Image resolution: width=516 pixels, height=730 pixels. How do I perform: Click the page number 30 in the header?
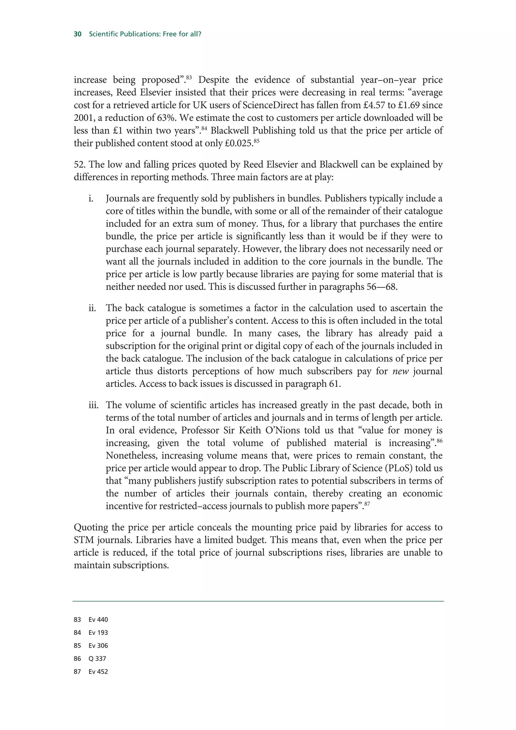point(78,34)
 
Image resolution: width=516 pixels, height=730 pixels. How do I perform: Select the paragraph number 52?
point(80,165)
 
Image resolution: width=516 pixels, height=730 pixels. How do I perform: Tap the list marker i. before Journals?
point(91,199)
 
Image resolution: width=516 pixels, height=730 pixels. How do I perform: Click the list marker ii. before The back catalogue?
point(92,308)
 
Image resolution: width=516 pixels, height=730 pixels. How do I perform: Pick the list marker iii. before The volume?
point(93,405)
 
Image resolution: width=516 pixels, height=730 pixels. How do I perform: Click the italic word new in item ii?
point(400,371)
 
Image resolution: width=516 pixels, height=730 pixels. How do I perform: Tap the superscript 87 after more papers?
point(367,504)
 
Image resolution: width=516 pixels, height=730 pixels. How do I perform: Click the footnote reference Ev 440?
point(98,620)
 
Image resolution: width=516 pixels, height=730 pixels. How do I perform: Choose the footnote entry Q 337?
point(97,658)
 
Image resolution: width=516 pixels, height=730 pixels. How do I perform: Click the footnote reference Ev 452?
point(98,672)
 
